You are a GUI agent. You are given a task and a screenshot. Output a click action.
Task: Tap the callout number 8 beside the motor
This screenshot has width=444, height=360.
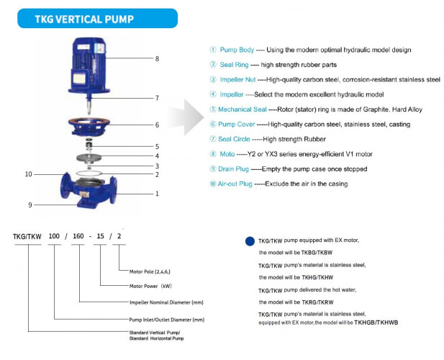pyautogui.click(x=157, y=58)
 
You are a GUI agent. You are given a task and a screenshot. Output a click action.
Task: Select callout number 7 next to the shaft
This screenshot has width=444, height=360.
pyautogui.click(x=157, y=97)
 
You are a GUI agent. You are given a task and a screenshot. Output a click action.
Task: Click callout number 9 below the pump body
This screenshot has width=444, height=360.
pyautogui.click(x=30, y=204)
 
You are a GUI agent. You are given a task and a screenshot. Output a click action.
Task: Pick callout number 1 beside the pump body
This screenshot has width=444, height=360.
pyautogui.click(x=157, y=193)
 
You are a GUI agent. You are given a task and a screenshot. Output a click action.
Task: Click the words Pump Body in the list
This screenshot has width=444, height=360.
pyautogui.click(x=239, y=50)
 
